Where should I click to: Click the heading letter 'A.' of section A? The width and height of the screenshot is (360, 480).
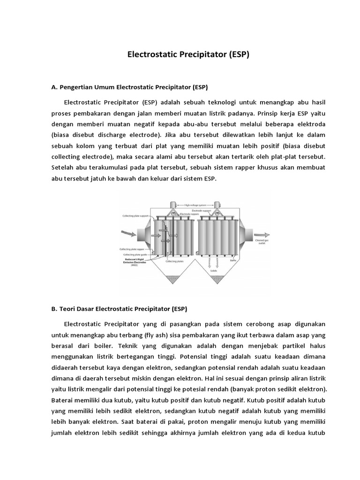point(53,87)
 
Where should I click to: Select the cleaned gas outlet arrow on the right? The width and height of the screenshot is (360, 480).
point(262,233)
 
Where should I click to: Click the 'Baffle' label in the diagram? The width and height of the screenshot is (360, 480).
point(233,261)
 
